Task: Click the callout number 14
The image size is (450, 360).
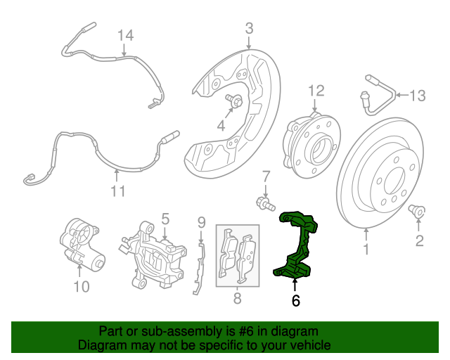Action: tap(124, 34)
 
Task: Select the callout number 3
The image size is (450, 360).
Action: tap(249, 29)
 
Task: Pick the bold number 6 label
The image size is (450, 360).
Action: tap(295, 300)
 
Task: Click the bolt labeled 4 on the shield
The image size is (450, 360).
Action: tap(235, 102)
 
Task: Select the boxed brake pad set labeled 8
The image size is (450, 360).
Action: tap(237, 257)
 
